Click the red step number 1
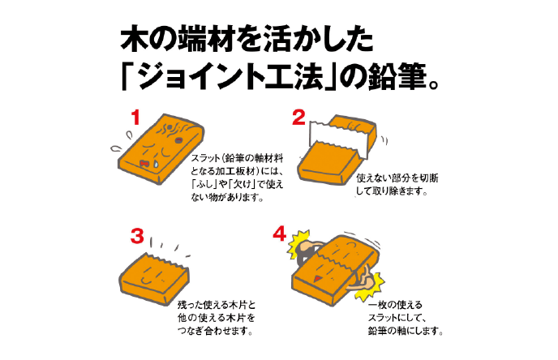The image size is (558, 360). click(135, 118)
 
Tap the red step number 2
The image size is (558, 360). click(299, 118)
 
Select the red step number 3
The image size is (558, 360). click(137, 236)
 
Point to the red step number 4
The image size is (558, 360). click(280, 234)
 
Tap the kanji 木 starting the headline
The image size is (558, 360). click(134, 38)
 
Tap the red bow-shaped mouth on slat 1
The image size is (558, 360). click(144, 163)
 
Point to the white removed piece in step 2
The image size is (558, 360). click(339, 138)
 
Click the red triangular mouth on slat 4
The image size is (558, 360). click(318, 278)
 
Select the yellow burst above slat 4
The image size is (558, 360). click(298, 244)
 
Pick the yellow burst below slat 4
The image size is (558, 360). click(371, 287)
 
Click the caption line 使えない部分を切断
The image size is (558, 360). click(397, 178)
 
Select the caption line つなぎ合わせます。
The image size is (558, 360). click(215, 331)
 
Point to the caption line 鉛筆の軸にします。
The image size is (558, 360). click(406, 331)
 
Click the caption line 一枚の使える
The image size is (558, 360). click(395, 305)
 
